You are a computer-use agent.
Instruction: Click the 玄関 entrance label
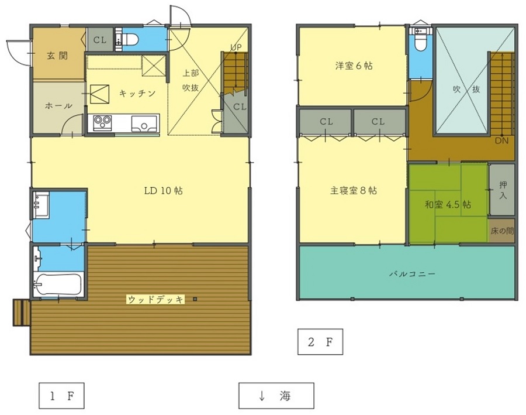coord(57,56)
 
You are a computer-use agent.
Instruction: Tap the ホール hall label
coord(58,106)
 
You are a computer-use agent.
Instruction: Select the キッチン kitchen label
coord(137,93)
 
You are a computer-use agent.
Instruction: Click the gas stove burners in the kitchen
coord(102,120)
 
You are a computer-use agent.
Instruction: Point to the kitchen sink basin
coord(144,124)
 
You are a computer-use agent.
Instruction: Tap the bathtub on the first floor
coord(58,285)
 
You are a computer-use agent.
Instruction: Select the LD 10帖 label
coord(164,191)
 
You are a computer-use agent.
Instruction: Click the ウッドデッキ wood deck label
coord(155,299)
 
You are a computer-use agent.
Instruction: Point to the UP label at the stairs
coord(236,47)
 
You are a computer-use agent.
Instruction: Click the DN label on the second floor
coord(501,140)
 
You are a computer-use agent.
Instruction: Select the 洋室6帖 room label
coord(354,66)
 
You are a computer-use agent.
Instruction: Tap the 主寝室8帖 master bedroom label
coord(354,191)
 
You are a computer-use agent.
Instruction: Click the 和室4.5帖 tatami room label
coord(448,204)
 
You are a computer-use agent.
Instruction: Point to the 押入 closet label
coord(503,190)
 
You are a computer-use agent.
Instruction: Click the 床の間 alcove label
coord(502,231)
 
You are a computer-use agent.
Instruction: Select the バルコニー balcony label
coord(413,274)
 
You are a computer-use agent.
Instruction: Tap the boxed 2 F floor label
coord(320,342)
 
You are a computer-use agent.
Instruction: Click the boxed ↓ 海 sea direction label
coord(276,396)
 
